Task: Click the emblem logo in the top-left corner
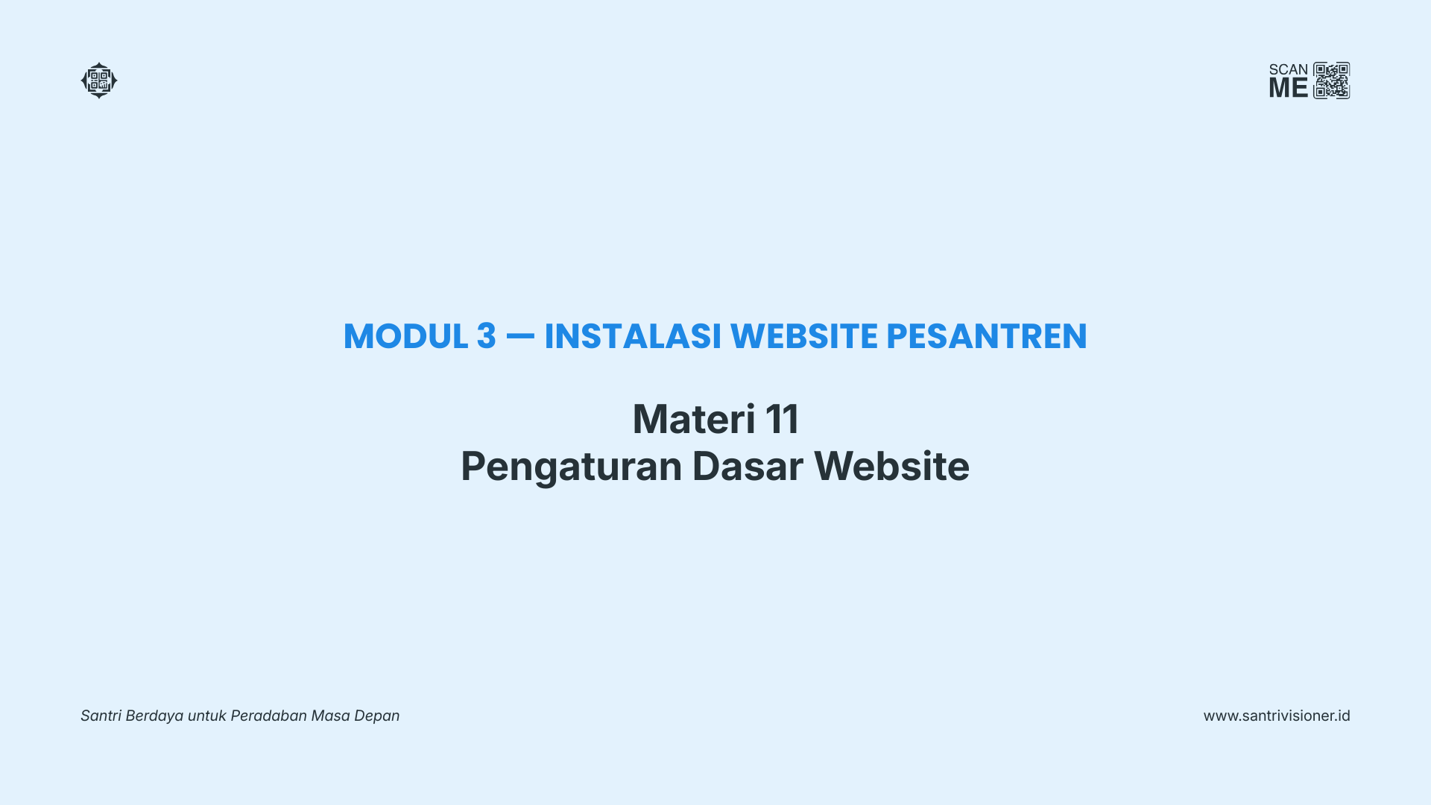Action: click(x=99, y=80)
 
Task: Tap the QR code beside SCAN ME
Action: click(x=1332, y=80)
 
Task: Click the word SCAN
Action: click(x=1289, y=69)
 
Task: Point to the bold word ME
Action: click(x=1289, y=88)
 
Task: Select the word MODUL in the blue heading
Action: click(x=405, y=336)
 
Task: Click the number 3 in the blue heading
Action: click(x=487, y=336)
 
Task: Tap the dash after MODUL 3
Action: click(x=520, y=335)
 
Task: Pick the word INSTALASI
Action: click(x=633, y=336)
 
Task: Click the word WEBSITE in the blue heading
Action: click(x=804, y=336)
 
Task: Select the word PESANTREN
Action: click(x=987, y=336)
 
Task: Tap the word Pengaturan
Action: click(x=572, y=467)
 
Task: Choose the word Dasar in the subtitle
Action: click(x=748, y=467)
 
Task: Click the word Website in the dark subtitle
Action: click(x=891, y=467)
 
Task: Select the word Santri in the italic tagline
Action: click(x=101, y=716)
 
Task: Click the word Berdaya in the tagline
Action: click(x=154, y=716)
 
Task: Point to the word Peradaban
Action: click(x=268, y=716)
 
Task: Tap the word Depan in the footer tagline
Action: click(x=376, y=716)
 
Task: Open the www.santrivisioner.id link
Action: click(x=1277, y=716)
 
